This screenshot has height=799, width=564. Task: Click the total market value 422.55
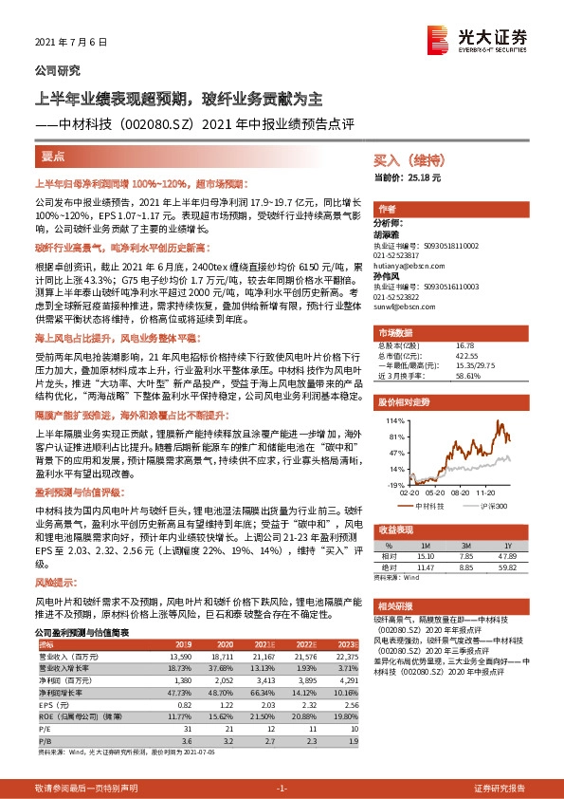(467, 357)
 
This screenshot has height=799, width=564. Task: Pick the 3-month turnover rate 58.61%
(468, 376)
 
